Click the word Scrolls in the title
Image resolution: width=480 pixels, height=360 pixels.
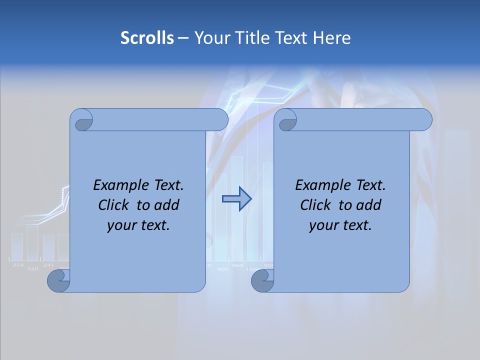coord(147,38)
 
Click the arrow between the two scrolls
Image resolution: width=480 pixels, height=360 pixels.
coord(236,198)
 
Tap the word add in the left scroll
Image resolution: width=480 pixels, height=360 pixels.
coord(167,205)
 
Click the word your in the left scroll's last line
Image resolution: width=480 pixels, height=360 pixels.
coord(121,225)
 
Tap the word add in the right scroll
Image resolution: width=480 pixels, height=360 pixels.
coord(369,205)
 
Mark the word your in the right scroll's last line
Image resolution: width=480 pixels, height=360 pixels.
coord(323,225)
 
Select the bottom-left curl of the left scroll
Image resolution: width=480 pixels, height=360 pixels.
coord(58,281)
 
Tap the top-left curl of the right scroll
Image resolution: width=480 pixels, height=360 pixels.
coord(285,120)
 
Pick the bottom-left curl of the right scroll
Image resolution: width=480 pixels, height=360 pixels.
coord(261,281)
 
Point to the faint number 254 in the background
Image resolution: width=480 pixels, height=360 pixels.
coord(18,265)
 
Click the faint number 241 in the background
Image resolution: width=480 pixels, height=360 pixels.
coord(48,265)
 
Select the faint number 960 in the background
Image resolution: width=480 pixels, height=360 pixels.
coord(237,265)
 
